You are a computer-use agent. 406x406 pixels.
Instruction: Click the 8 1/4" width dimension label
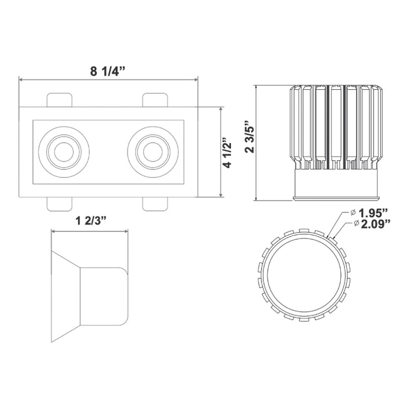click(108, 71)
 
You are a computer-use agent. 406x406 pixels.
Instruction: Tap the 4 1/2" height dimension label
click(230, 153)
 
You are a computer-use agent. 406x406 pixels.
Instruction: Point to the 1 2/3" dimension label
click(89, 221)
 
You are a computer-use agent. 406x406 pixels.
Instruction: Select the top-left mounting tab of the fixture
click(60, 99)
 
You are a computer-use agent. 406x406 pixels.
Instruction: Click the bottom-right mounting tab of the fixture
click(155, 204)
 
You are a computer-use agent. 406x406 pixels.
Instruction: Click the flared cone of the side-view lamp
click(65, 296)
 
